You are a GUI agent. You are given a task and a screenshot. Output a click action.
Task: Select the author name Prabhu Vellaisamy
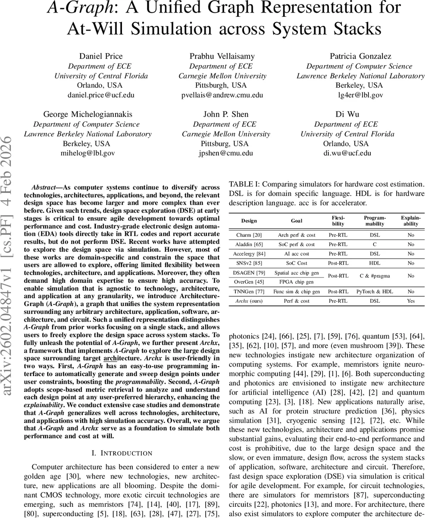tap(222, 56)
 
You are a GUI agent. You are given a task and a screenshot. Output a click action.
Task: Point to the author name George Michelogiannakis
tap(88, 114)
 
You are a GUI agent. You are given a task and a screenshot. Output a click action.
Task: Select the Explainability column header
tap(410, 221)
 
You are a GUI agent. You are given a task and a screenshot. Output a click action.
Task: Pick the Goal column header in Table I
tap(296, 221)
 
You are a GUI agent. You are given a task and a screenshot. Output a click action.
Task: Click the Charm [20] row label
tap(249, 235)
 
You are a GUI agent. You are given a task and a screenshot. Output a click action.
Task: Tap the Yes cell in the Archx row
tap(410, 301)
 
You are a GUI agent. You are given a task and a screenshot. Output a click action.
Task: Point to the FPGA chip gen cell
tap(296, 282)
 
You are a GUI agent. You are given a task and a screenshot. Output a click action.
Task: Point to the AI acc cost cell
tap(296, 254)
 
